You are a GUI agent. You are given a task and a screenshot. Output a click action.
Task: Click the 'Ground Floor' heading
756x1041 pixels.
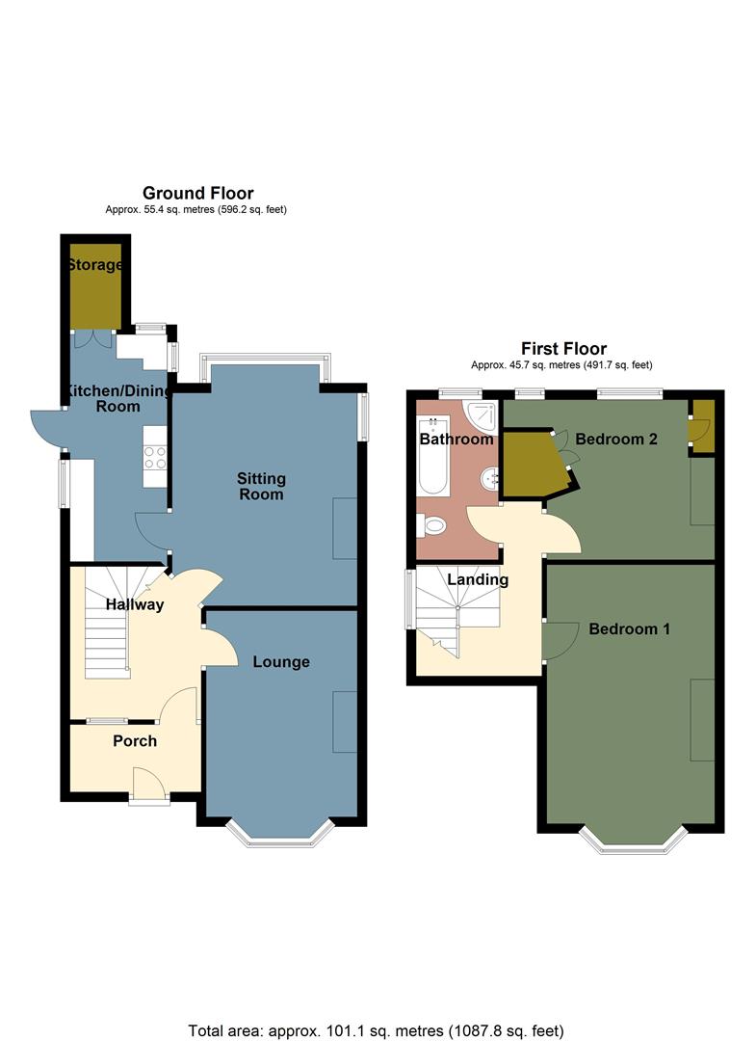(197, 194)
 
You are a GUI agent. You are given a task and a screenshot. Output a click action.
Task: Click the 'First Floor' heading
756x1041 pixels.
(563, 349)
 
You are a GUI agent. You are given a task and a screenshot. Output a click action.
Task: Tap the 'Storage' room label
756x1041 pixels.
(94, 265)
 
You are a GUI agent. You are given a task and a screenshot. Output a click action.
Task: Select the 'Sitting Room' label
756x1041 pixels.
(262, 487)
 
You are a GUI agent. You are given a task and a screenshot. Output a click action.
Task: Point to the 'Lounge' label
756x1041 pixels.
(281, 662)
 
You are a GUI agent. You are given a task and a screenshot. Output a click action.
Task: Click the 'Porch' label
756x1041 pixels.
(135, 741)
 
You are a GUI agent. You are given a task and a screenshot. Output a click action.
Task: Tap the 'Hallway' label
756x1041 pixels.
(135, 605)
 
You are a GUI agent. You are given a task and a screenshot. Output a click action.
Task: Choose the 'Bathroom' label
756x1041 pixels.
(456, 440)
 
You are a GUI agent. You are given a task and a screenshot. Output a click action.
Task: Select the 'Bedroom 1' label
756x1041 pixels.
(630, 629)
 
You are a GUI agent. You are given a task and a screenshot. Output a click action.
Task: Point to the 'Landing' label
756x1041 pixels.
(479, 579)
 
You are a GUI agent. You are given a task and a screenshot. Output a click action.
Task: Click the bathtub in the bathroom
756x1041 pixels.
(433, 457)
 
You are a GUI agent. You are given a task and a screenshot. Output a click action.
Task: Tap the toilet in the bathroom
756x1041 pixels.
(433, 526)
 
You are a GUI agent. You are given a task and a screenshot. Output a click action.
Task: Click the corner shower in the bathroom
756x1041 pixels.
(482, 415)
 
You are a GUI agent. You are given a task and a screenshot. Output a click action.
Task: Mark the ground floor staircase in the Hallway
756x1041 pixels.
(109, 617)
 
